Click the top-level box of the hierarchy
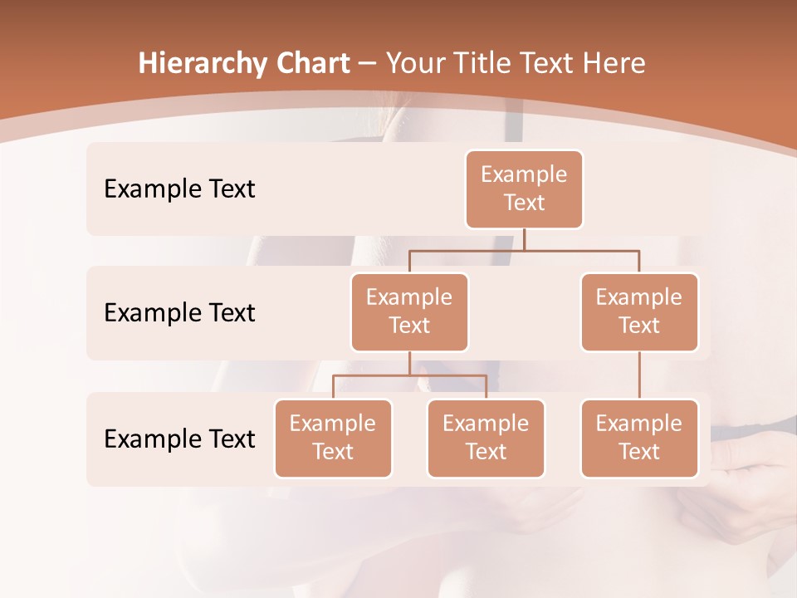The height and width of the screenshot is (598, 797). [524, 189]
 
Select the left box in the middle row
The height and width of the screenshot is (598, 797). [409, 312]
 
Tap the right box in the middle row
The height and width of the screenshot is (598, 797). [639, 312]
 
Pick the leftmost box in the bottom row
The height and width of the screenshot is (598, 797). [333, 439]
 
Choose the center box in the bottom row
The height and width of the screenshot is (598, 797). [486, 439]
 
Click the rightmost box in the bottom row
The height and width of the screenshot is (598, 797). [639, 439]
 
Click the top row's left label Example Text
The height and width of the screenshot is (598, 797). [179, 189]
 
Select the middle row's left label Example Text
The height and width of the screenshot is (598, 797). [179, 313]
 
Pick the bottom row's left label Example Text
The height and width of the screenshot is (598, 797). [179, 439]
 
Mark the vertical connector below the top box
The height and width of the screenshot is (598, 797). [524, 239]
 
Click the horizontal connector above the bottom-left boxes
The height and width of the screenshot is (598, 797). [409, 375]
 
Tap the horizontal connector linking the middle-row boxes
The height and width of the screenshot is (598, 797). [524, 249]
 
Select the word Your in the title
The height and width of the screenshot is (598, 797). [415, 64]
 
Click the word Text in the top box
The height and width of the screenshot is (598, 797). [524, 203]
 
